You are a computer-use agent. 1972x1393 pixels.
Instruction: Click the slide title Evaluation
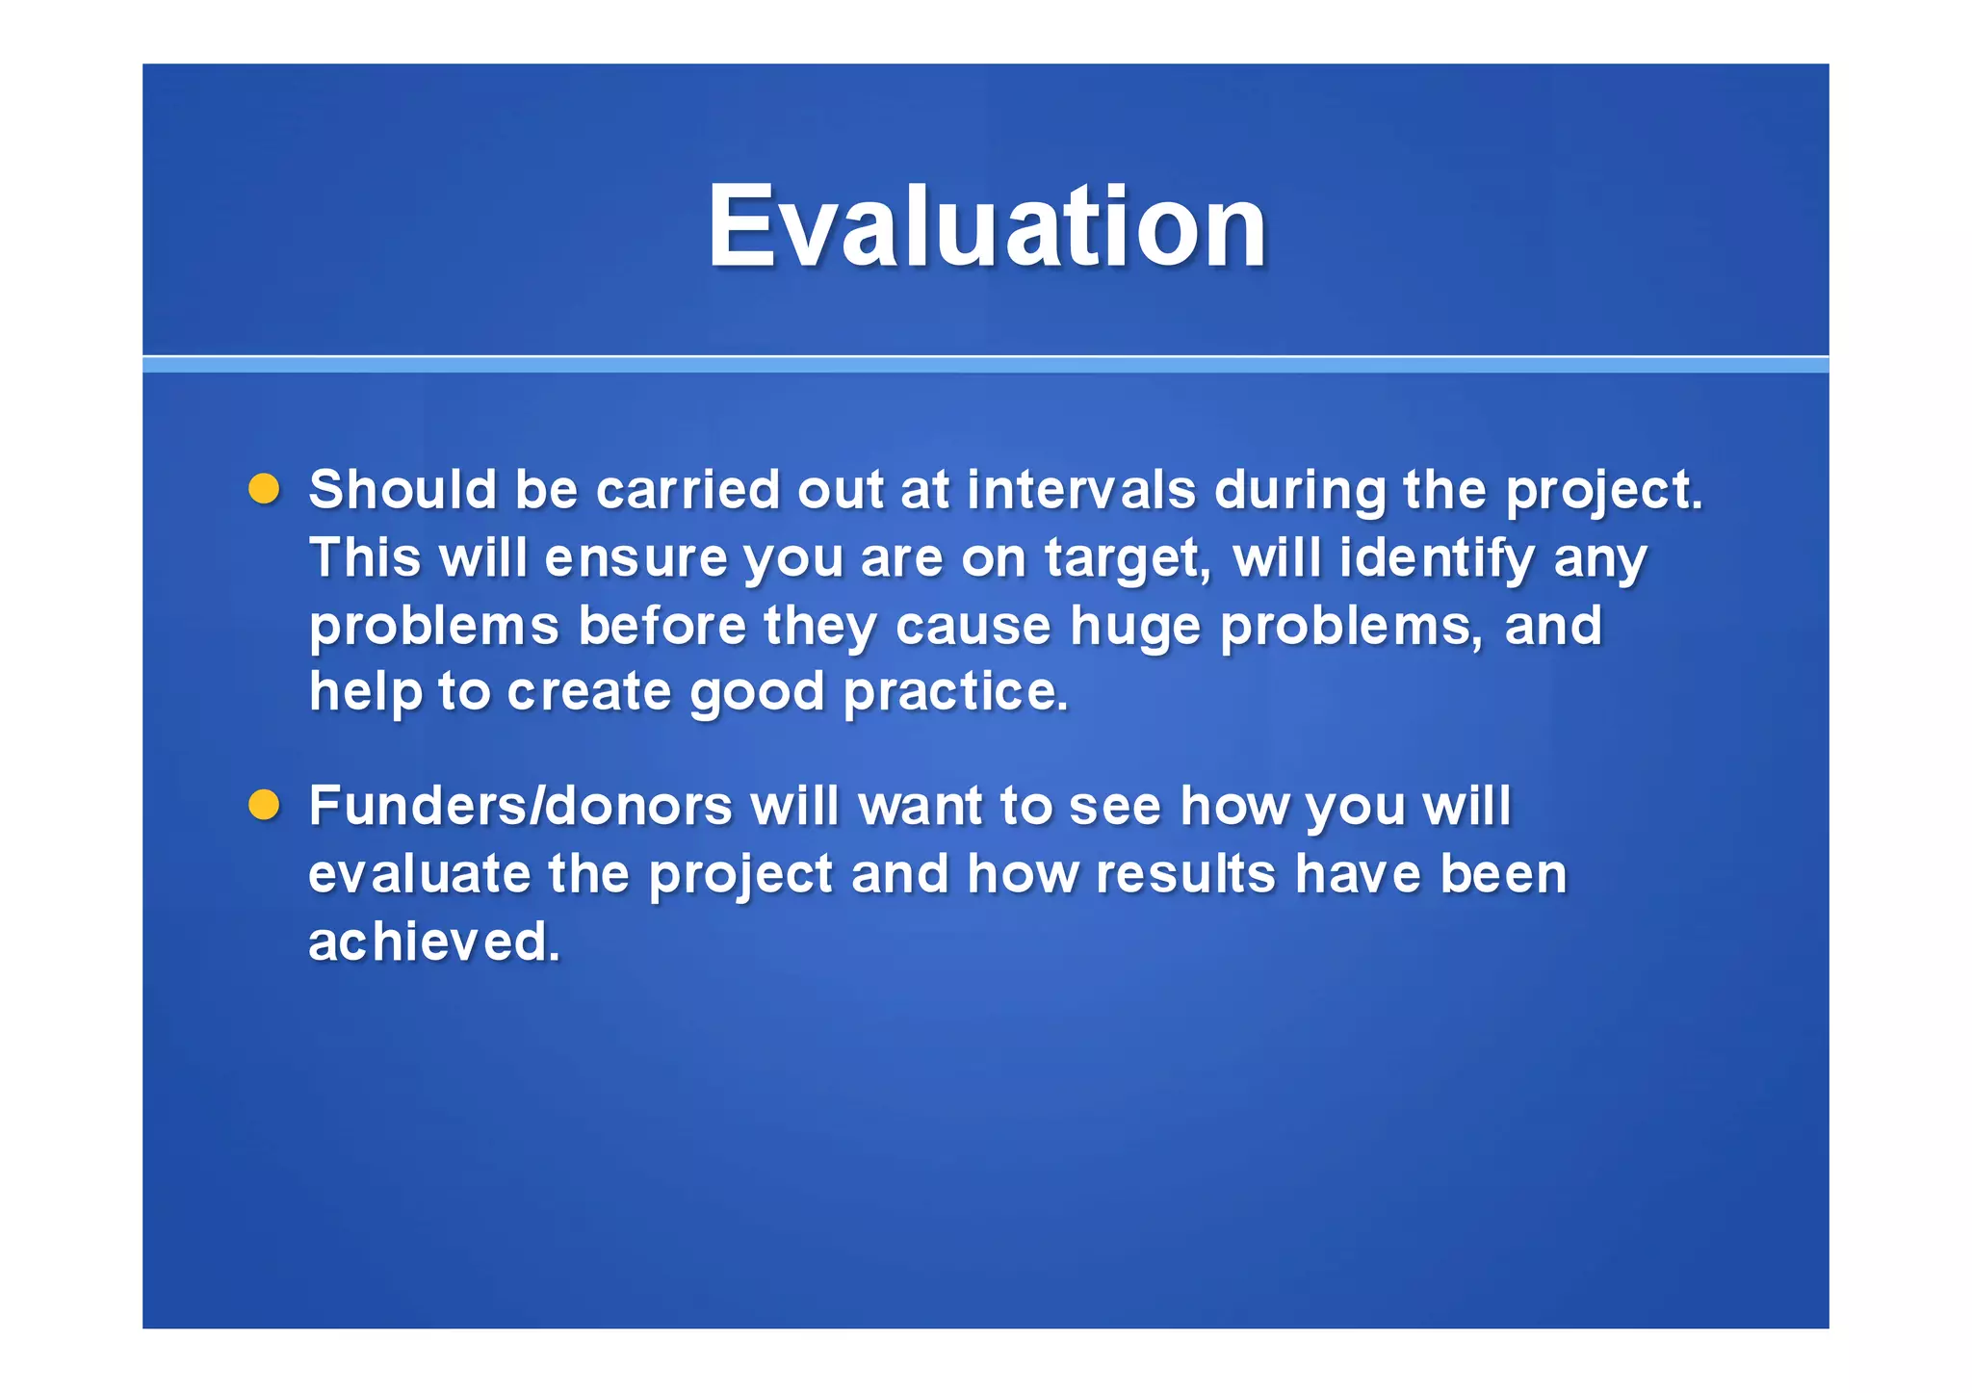coord(986,227)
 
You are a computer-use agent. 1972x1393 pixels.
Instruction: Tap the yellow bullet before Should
coord(264,489)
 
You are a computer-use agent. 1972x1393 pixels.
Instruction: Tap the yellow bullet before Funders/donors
coord(264,805)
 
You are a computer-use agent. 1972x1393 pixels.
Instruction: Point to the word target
coord(1127,560)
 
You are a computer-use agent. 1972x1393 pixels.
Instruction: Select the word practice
coord(955,692)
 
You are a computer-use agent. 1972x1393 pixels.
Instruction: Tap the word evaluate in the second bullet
coord(419,874)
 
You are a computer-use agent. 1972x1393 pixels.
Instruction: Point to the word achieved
coord(433,942)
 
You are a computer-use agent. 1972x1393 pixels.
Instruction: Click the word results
coord(1185,874)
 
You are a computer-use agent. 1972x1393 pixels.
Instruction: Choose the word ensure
coord(636,558)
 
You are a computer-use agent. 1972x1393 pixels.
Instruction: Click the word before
coord(662,626)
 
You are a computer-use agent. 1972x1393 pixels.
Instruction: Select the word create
coord(588,692)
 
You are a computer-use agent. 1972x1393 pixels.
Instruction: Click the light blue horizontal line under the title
coord(986,364)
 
